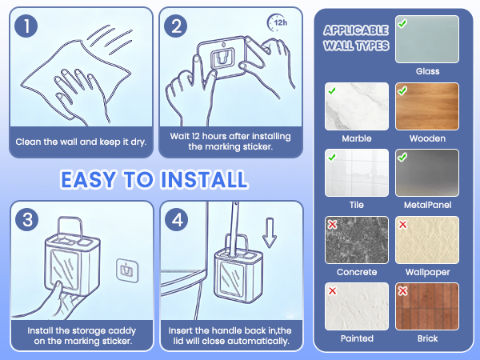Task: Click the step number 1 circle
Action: (26, 26)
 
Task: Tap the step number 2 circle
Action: (176, 26)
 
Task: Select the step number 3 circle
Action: (27, 219)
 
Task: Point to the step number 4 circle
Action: (177, 219)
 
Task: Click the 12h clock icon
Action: (278, 22)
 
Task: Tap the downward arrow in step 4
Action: (270, 233)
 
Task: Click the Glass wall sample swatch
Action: (427, 39)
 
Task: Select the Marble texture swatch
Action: (357, 106)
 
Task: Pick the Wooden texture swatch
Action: (427, 106)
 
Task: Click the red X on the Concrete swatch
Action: (332, 225)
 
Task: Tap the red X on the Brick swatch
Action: (402, 290)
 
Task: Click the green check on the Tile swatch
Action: (332, 158)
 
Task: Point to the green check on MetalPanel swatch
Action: (402, 158)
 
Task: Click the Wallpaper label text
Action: (428, 272)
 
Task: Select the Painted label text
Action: (357, 338)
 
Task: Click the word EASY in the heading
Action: (89, 179)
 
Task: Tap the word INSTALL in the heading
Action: (204, 179)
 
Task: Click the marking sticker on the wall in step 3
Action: (127, 270)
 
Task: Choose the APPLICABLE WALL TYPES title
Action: (356, 38)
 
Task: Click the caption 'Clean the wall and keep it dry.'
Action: (81, 142)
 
